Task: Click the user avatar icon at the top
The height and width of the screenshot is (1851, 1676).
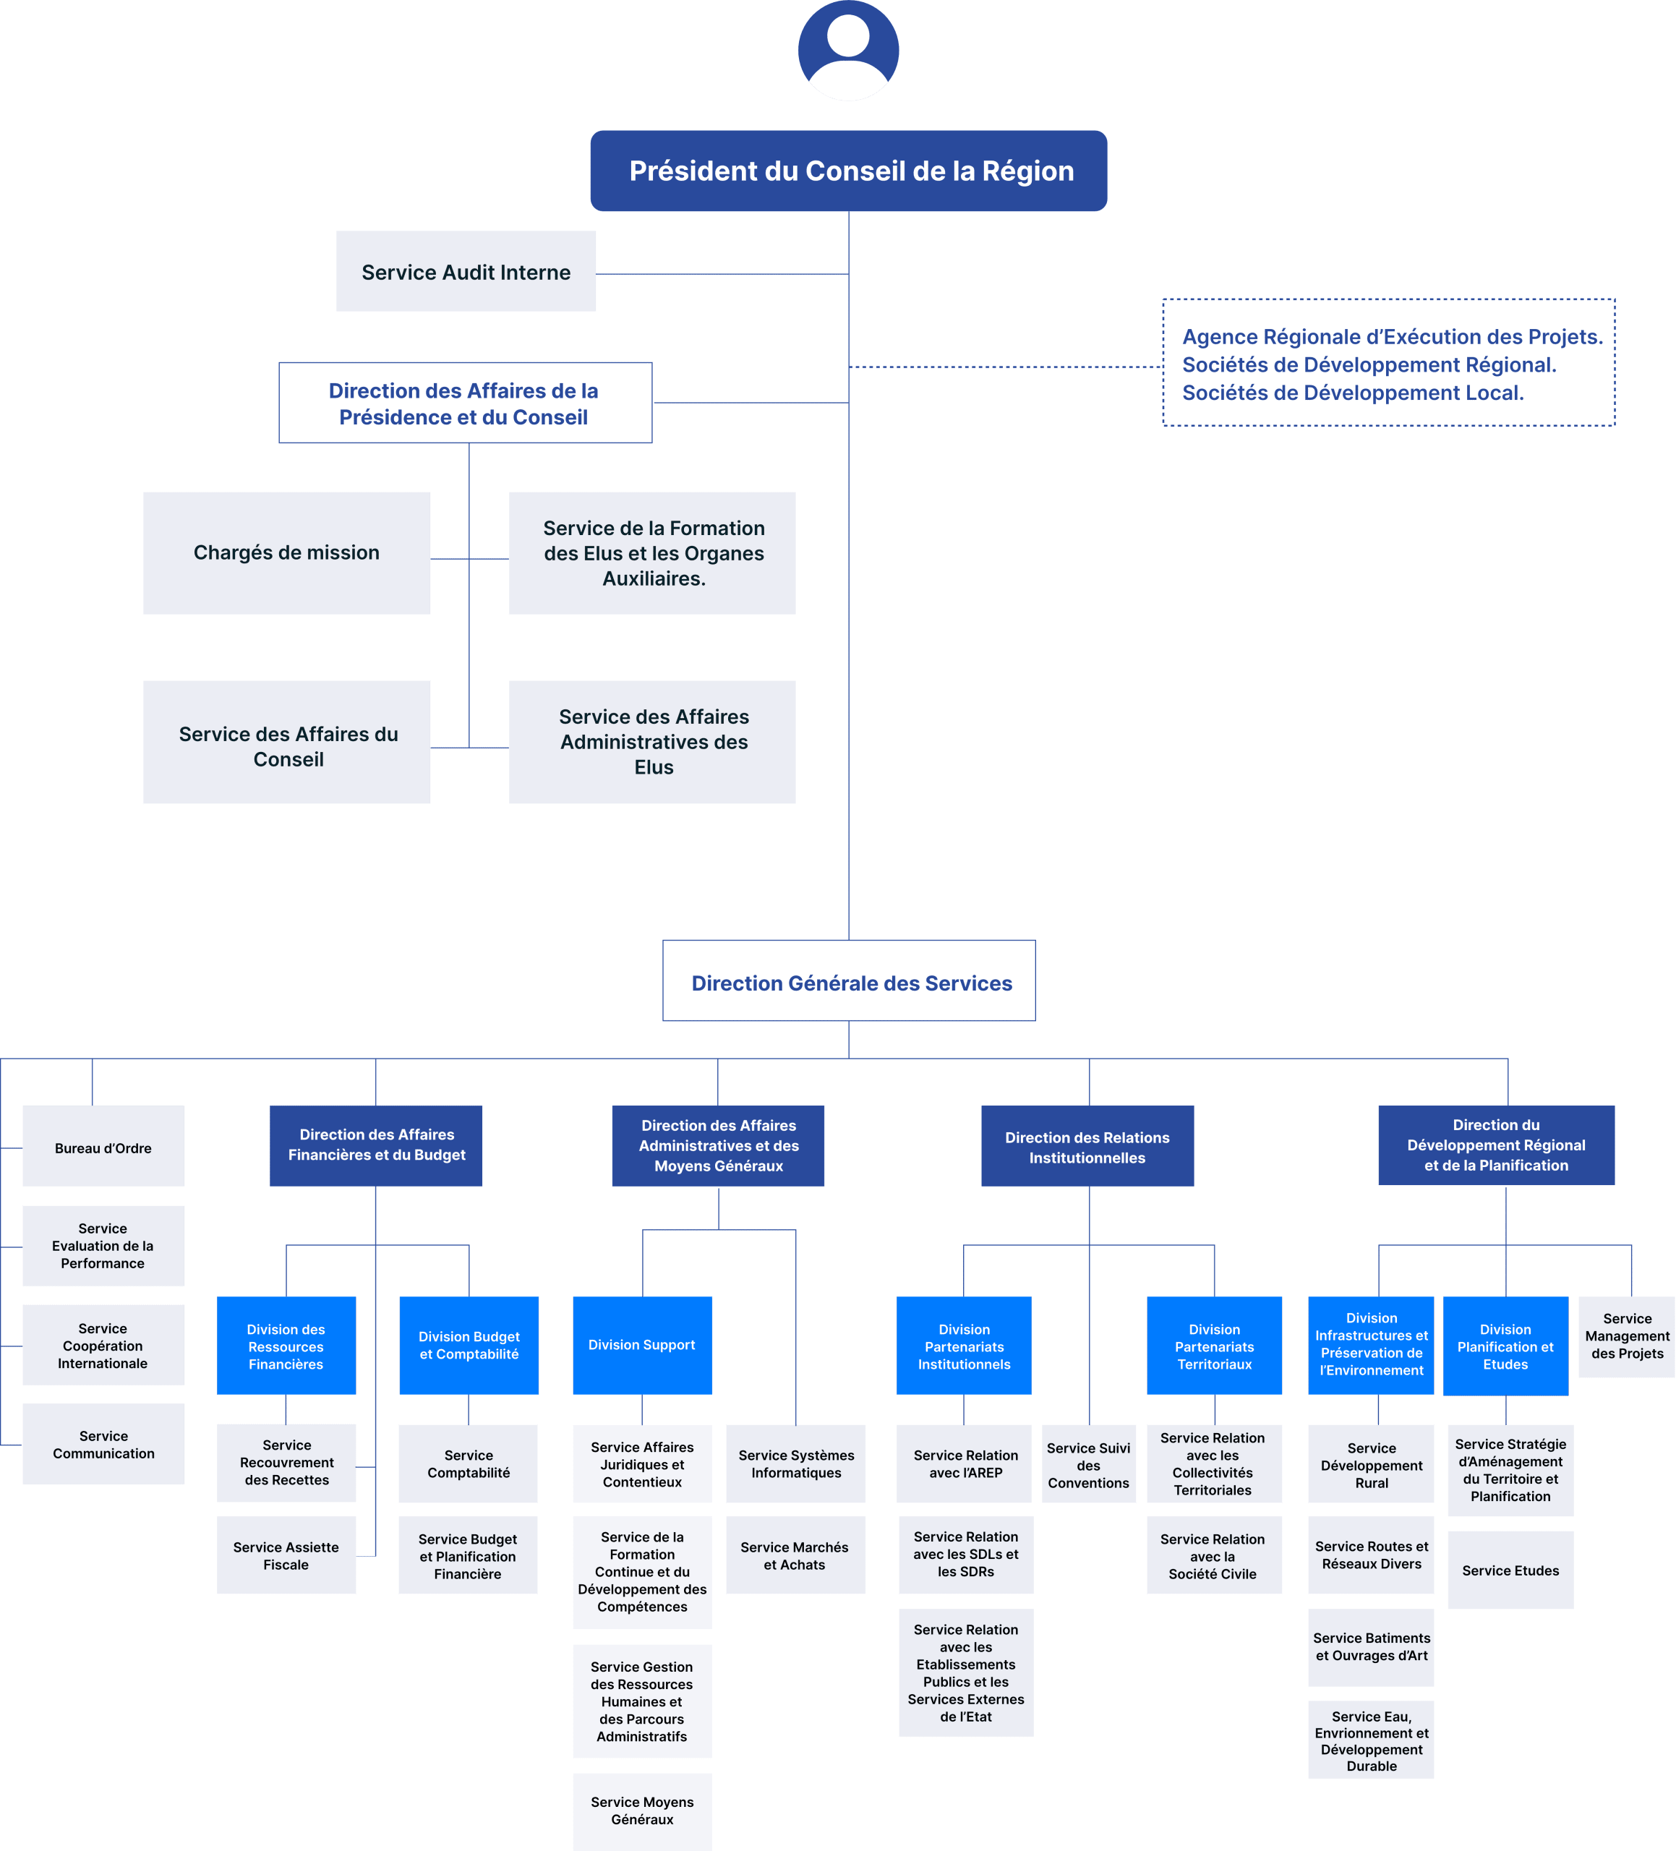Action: pos(847,51)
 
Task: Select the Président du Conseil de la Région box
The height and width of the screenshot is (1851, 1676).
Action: pos(849,171)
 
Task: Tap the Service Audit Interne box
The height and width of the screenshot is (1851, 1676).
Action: pos(466,272)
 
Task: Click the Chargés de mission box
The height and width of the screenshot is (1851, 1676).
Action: pos(286,552)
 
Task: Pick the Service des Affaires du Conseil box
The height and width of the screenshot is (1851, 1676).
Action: pos(286,743)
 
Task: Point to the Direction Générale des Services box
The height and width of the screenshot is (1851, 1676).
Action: pos(850,981)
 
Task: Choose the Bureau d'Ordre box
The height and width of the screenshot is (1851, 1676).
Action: pos(103,1147)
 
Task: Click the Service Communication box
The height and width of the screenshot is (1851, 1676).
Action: pos(103,1444)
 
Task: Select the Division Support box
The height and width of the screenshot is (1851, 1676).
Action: pos(642,1345)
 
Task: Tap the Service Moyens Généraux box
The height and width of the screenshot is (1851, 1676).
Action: pos(642,1811)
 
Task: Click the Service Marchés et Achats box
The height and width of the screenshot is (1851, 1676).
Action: pos(795,1555)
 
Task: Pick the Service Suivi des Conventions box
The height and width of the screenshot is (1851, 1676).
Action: pos(1088,1464)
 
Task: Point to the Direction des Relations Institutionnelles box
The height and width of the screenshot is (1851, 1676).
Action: pos(1087,1147)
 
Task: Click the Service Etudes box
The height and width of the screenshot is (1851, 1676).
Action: pos(1510,1570)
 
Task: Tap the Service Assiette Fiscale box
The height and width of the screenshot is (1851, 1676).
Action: pos(286,1555)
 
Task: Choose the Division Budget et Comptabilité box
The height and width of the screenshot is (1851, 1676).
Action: pos(469,1345)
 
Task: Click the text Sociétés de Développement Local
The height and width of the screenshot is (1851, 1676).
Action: pos(1353,393)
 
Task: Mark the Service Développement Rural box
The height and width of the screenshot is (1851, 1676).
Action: pos(1371,1464)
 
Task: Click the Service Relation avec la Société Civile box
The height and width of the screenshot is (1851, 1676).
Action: pos(1213,1555)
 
